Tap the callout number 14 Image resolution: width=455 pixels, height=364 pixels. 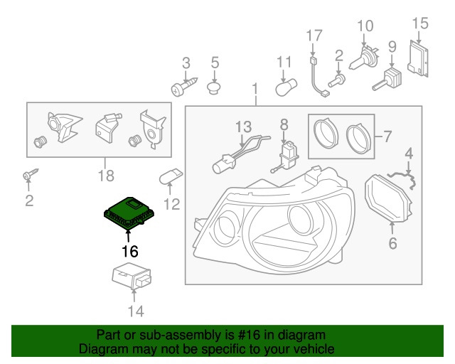pyautogui.click(x=135, y=311)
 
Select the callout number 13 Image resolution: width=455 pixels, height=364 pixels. pyautogui.click(x=244, y=127)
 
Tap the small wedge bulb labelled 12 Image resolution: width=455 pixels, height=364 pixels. pyautogui.click(x=173, y=177)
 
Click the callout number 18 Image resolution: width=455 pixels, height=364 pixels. pyautogui.click(x=105, y=174)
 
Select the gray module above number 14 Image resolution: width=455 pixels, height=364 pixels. pyautogui.click(x=134, y=279)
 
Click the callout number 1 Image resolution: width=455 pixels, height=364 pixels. pyautogui.click(x=255, y=90)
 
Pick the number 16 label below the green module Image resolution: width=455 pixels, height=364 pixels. pyautogui.click(x=129, y=250)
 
